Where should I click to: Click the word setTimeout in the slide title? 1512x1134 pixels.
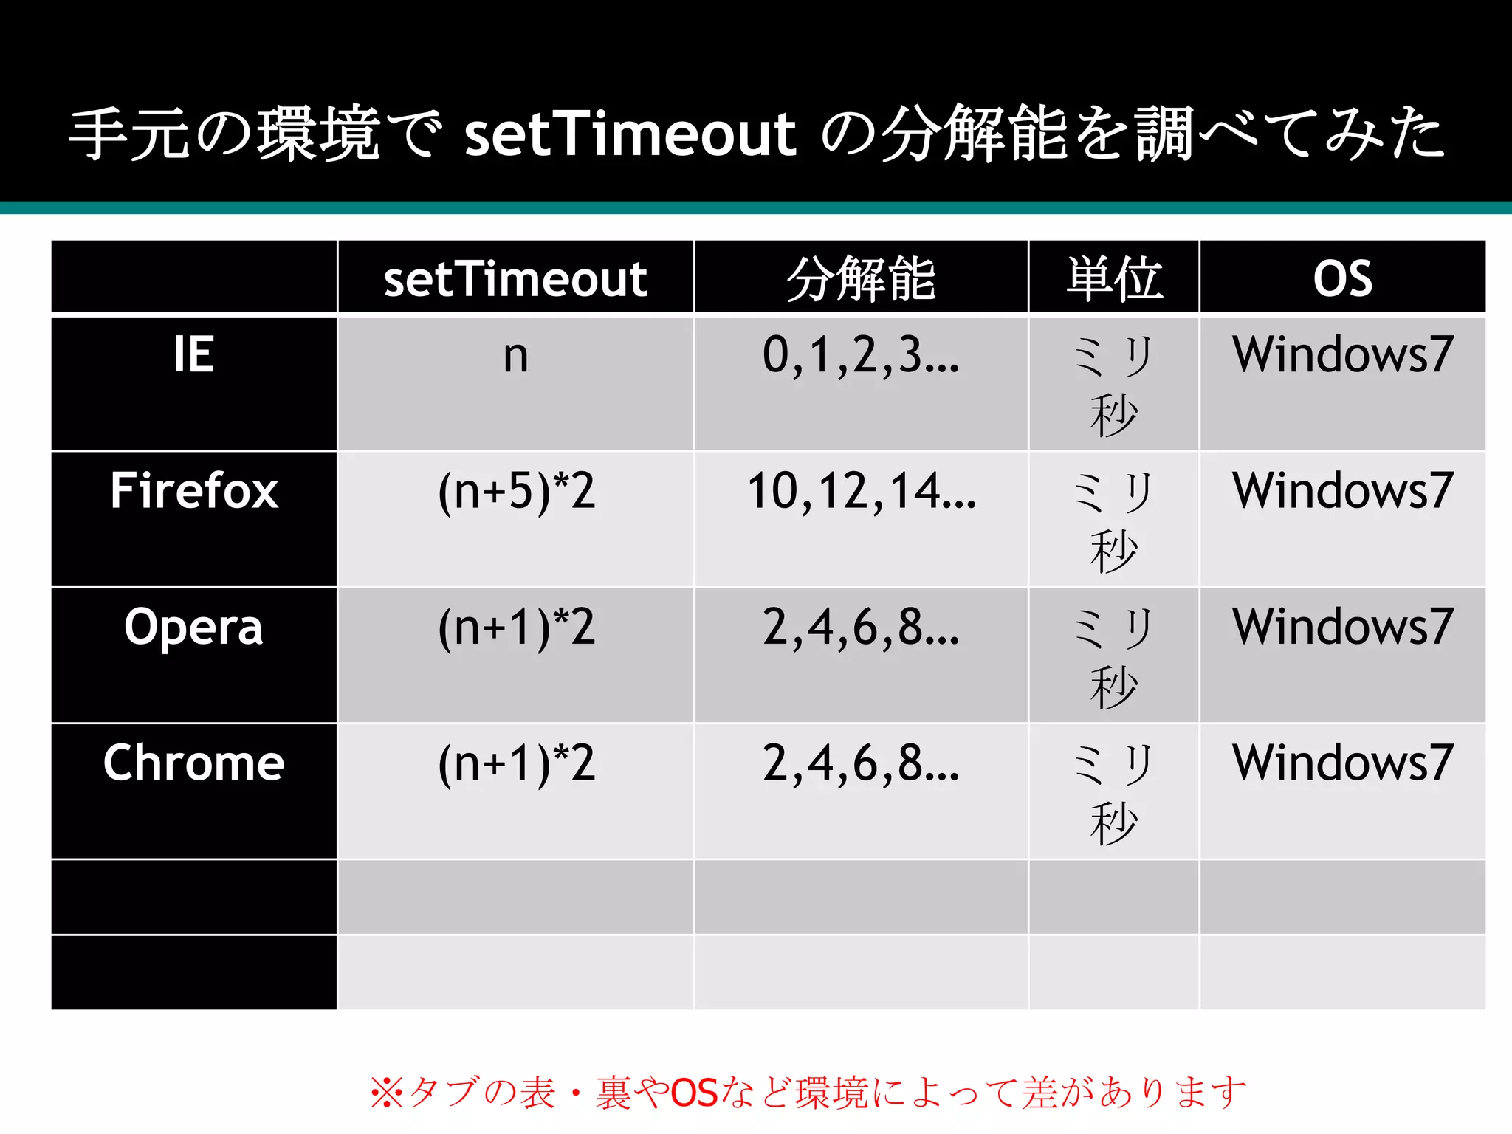630,134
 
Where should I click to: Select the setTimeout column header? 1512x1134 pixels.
515,279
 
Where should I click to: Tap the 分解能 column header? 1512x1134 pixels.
861,279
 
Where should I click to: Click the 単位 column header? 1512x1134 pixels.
1113,279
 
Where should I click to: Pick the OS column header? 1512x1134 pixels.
1342,279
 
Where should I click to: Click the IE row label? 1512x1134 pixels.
193,354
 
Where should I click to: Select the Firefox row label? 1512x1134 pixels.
193,490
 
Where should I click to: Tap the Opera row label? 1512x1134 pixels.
193,627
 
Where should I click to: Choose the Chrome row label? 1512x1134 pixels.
193,763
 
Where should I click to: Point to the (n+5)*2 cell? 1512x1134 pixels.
516,492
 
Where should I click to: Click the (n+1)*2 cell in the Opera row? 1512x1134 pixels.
516,628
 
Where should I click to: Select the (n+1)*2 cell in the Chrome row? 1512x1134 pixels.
516,763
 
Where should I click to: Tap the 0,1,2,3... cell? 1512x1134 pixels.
861,355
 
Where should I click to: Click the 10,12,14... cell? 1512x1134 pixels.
861,491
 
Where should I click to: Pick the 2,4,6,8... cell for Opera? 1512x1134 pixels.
861,628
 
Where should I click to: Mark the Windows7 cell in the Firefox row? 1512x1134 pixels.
1342,490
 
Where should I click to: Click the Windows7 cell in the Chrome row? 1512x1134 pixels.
1342,763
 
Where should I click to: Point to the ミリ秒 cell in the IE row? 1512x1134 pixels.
1113,384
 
